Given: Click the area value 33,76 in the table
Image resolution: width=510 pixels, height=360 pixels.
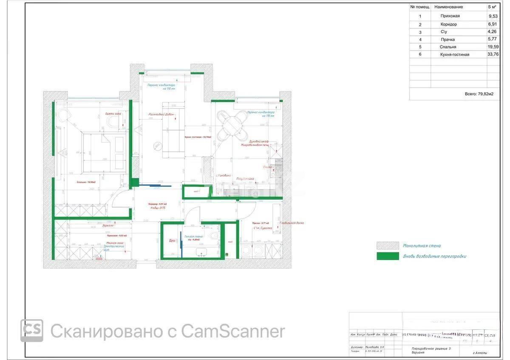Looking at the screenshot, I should (493, 54).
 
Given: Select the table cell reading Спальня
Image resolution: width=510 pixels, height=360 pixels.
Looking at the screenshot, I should (449, 47).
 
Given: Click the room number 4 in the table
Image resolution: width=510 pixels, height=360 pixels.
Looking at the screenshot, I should (420, 39).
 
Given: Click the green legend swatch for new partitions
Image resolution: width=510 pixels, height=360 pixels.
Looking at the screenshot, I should (387, 256).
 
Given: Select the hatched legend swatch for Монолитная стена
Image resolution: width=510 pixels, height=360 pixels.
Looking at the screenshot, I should (387, 245).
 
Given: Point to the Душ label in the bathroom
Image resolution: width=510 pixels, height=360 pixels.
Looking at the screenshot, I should (172, 241).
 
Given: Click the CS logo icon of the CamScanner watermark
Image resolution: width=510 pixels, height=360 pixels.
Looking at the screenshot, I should (31, 330).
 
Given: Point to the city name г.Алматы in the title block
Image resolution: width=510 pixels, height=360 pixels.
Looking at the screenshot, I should (480, 353).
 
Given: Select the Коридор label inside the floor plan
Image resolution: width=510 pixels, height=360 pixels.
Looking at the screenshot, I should (157, 204).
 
